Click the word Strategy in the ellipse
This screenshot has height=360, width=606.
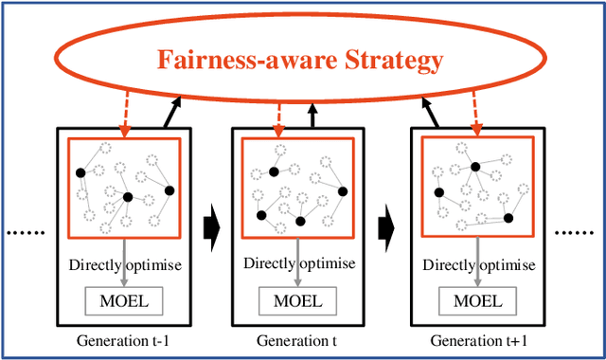click(387, 63)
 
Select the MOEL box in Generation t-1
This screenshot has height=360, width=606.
click(126, 303)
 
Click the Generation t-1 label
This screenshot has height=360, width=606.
click(125, 340)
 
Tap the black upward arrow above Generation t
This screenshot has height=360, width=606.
click(313, 117)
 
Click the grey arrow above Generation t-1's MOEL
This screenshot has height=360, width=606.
click(125, 279)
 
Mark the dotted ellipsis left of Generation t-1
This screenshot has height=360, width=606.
click(28, 233)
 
